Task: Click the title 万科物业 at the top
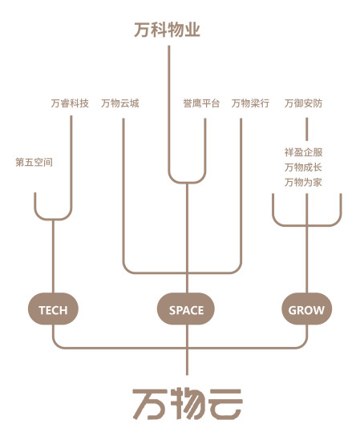(167, 30)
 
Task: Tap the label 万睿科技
(70, 103)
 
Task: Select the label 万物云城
(120, 103)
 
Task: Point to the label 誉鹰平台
(201, 103)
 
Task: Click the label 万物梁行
(250, 103)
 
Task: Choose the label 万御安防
(303, 103)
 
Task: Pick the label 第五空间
(34, 163)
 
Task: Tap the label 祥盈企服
(303, 152)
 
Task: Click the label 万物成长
(303, 168)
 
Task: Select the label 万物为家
(303, 182)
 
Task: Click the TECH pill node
(53, 309)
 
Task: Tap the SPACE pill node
(186, 309)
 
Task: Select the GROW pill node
(306, 309)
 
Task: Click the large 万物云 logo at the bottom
(188, 404)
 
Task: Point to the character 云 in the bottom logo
(225, 404)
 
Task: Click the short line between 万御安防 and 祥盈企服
(306, 129)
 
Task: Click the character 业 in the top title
(192, 30)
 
